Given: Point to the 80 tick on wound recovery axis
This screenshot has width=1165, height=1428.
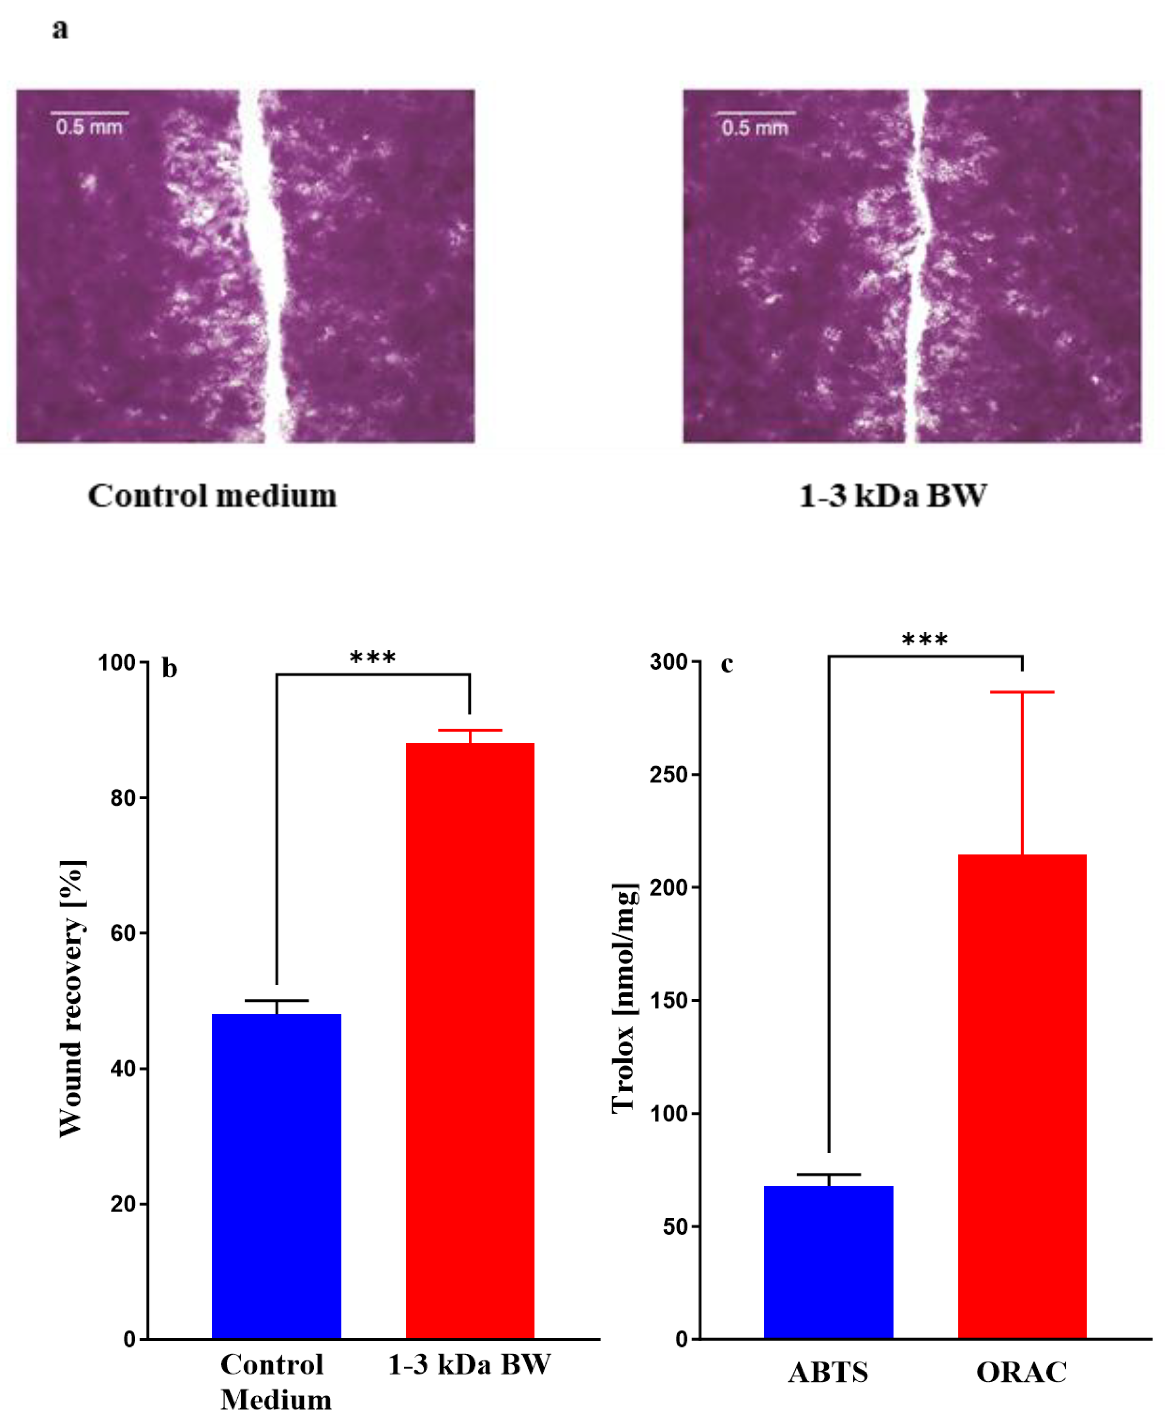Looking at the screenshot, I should tap(124, 798).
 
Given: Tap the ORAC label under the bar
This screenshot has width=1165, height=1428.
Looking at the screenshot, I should tap(1021, 1372).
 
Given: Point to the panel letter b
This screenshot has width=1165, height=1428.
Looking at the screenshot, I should tap(170, 669).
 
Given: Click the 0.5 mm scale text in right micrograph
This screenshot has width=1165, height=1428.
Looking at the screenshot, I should tap(755, 128).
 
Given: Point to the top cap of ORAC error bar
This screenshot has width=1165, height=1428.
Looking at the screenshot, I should tap(1022, 692).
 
